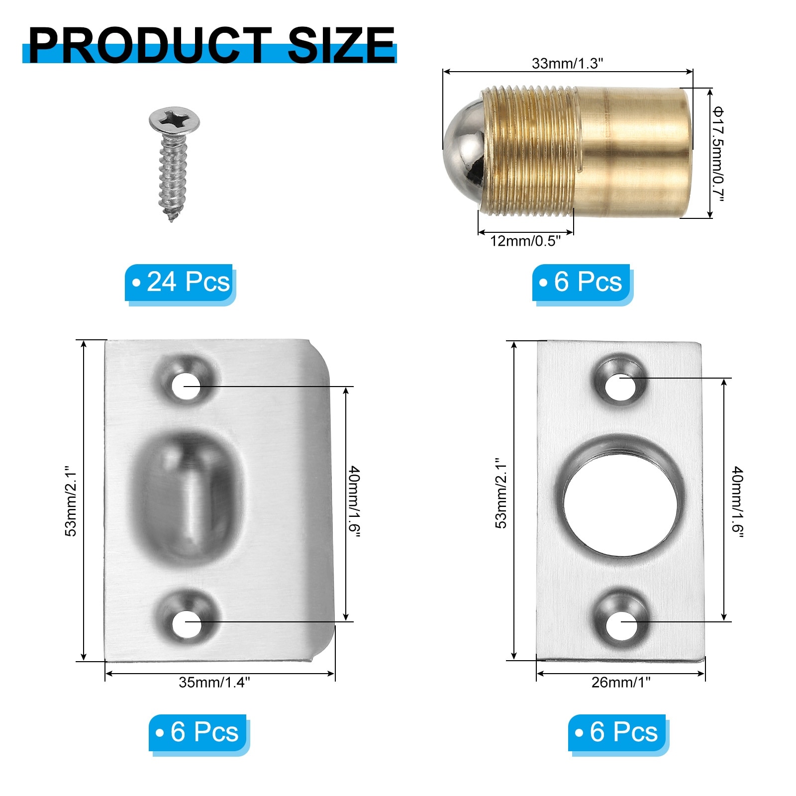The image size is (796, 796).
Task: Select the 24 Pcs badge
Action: point(180,282)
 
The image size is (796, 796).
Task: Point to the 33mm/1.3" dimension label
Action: point(567,63)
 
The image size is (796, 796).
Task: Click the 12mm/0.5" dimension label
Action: point(525,241)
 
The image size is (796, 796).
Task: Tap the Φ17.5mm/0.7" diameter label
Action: point(717,154)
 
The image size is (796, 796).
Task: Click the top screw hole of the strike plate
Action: point(186,386)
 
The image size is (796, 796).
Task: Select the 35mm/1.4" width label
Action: point(214,682)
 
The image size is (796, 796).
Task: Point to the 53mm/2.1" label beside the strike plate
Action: point(71,501)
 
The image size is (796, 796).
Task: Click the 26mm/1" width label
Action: point(620,682)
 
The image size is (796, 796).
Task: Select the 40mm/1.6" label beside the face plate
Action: point(737,501)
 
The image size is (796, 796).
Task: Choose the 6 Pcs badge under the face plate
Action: point(617,732)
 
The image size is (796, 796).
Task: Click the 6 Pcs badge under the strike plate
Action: point(198,732)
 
